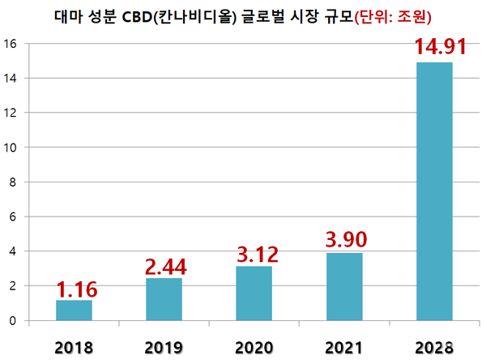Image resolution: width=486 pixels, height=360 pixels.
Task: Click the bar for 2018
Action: click(74, 311)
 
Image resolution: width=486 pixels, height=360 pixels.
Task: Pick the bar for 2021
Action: click(343, 286)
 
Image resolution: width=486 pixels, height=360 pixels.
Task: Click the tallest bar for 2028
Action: click(433, 191)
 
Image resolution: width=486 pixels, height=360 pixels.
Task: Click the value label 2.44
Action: click(164, 267)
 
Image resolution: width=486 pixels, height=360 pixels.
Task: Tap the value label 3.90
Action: click(343, 240)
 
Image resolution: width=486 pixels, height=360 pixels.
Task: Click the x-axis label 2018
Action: click(74, 347)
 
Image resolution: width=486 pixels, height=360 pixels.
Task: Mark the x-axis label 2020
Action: click(254, 347)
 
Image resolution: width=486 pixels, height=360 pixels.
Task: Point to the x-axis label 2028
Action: click(433, 347)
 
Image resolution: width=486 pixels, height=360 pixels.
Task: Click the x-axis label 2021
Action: click(343, 347)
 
